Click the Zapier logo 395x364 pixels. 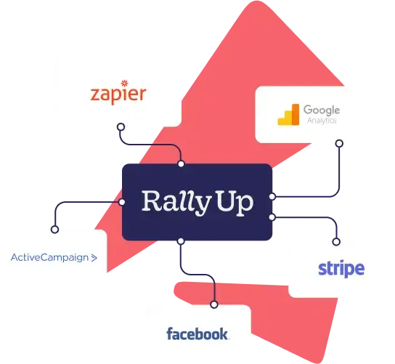(x=118, y=92)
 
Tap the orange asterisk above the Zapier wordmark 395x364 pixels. (x=125, y=83)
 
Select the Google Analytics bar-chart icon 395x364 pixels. (x=288, y=115)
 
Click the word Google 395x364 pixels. (x=322, y=110)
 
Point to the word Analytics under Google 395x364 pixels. (x=322, y=120)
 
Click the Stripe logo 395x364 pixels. (x=341, y=269)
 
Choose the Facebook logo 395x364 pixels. (x=197, y=333)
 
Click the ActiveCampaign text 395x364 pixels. (x=49, y=258)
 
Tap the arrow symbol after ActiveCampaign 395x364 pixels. (x=94, y=258)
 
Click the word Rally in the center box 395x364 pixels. (x=176, y=203)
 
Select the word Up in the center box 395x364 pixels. (x=235, y=203)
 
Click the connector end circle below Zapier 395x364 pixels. (x=121, y=127)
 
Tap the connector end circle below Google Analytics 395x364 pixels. (x=339, y=144)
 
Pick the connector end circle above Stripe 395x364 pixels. (x=336, y=242)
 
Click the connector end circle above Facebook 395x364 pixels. (x=214, y=304)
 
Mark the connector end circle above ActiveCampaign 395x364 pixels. (x=54, y=230)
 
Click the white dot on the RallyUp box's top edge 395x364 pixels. (x=181, y=164)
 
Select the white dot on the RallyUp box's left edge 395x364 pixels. (x=122, y=202)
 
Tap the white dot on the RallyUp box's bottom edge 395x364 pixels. (x=181, y=241)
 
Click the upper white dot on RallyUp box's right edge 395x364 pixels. (x=272, y=196)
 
